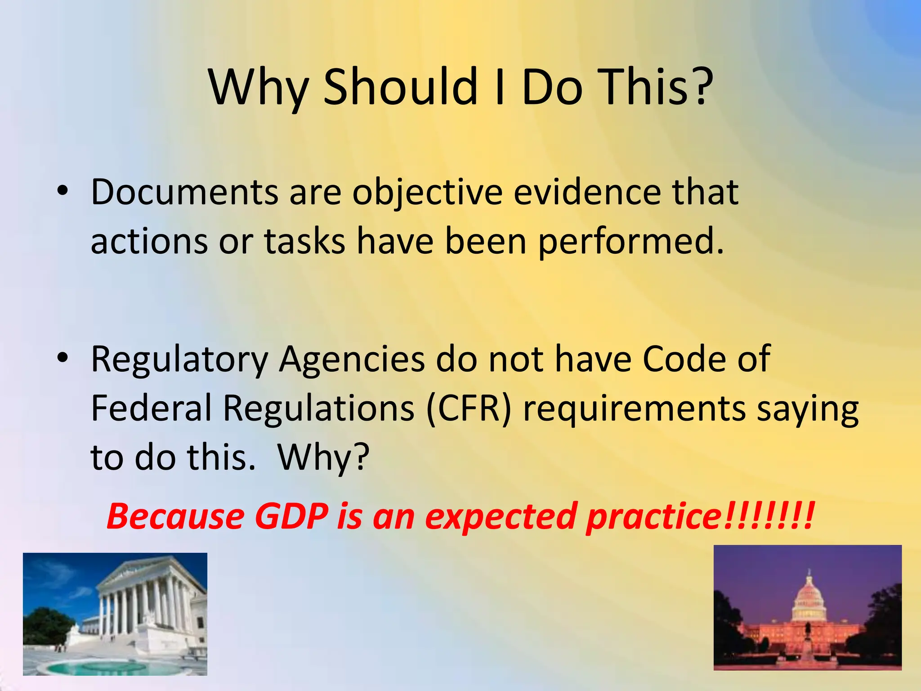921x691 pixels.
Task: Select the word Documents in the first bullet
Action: point(184,193)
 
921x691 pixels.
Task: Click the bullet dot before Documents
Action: point(63,191)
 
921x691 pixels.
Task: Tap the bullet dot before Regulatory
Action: point(63,357)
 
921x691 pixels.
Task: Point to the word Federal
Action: point(151,408)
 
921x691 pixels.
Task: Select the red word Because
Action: point(175,516)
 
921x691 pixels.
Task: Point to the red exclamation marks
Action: point(769,516)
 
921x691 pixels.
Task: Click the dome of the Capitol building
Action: point(809,596)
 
